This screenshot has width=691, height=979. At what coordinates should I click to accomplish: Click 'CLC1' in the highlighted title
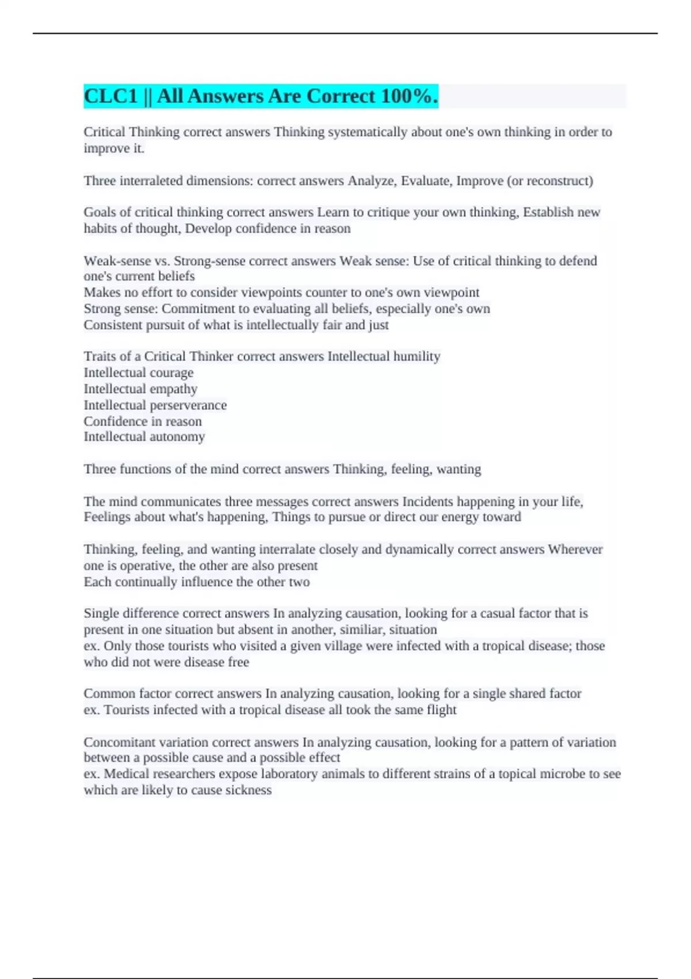(111, 96)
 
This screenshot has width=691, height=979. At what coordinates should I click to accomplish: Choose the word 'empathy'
(173, 389)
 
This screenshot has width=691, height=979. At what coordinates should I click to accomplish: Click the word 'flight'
(441, 710)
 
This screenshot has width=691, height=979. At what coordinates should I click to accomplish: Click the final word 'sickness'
(248, 790)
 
